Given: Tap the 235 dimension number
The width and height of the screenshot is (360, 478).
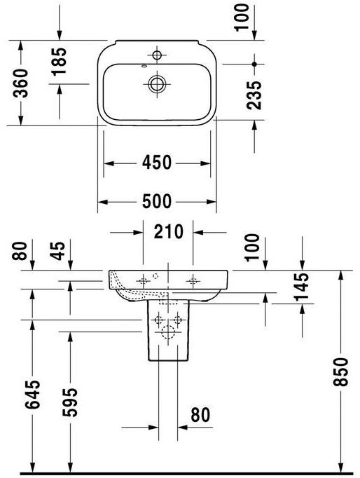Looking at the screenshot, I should [x=255, y=94].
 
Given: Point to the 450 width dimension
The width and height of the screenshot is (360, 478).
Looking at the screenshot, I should [x=157, y=163].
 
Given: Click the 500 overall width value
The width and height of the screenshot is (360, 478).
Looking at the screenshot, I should [x=157, y=201].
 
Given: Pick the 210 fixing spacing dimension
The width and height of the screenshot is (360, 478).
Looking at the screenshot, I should [x=168, y=231].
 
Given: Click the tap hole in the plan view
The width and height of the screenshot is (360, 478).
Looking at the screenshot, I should [x=157, y=54].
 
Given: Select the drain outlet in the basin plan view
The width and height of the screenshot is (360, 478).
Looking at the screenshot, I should [x=157, y=83].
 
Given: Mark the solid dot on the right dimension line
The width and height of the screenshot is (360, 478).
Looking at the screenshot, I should [x=255, y=63].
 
